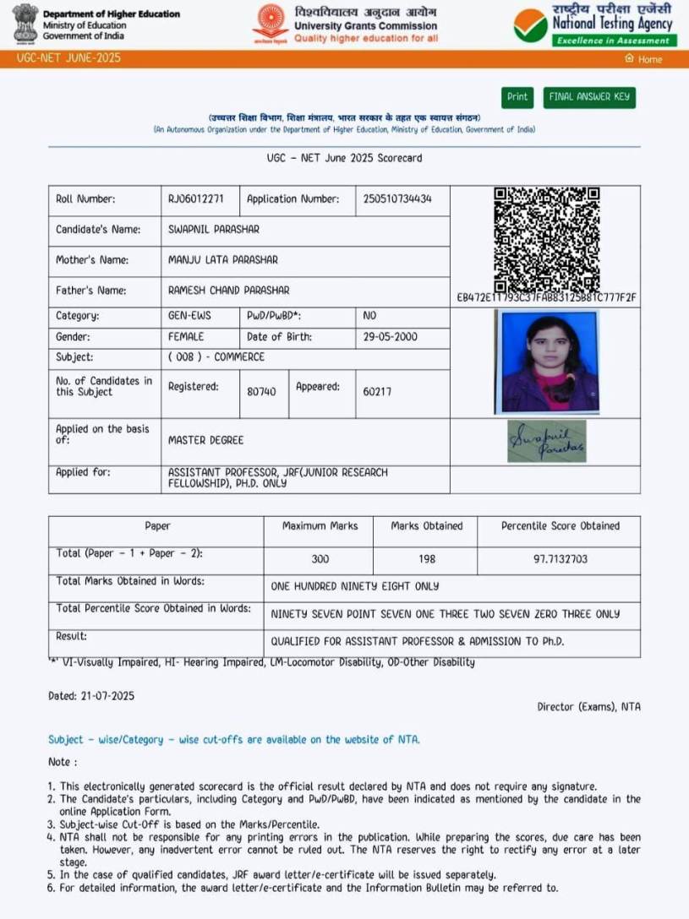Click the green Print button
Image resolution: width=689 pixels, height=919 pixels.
[517, 97]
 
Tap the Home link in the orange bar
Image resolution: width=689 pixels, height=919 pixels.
[644, 59]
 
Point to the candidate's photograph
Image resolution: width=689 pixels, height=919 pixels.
[547, 362]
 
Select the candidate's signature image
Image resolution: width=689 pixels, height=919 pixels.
[546, 441]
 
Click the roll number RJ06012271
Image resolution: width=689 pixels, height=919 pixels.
[196, 199]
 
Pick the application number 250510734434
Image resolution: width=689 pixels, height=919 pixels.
[397, 199]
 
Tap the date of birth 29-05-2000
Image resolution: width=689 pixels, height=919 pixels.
[391, 336]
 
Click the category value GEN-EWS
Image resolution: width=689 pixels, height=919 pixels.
[189, 315]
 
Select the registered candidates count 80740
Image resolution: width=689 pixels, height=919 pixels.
[261, 392]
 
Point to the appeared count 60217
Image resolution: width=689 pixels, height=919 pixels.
[377, 392]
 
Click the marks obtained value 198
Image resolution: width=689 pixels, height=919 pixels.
[426, 559]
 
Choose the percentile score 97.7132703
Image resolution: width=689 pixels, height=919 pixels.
[559, 559]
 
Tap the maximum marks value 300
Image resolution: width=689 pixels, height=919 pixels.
[320, 559]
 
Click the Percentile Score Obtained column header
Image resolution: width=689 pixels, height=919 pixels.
[560, 525]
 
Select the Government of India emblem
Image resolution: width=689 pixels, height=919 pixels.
[25, 24]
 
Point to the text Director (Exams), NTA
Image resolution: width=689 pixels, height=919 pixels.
[588, 706]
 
